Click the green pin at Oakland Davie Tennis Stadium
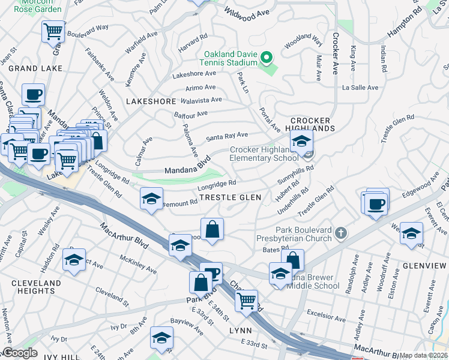click(265, 58)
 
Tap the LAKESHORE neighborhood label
click(151, 102)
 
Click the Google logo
click(20, 353)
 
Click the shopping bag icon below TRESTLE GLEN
click(212, 229)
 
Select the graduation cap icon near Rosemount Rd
click(152, 198)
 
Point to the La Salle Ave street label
click(360, 88)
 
